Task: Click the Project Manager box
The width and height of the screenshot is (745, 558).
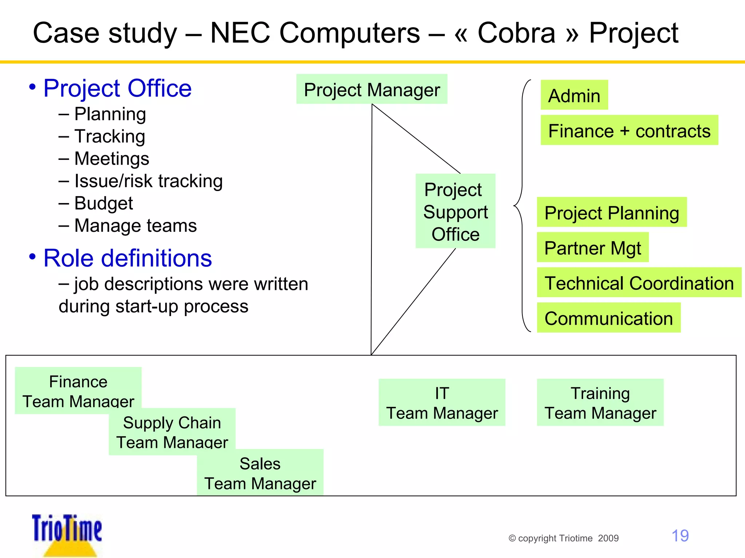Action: coord(371,89)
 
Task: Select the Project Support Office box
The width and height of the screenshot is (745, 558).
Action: coord(455,211)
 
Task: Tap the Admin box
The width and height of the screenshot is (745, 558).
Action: coord(574,95)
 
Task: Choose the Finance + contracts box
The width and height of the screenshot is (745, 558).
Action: coord(629,130)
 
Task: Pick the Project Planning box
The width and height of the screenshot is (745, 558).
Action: coord(611,212)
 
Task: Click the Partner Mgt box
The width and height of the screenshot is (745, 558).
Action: coord(592,247)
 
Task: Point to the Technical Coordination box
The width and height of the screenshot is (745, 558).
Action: coord(639,283)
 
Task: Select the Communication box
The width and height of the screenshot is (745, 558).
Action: coord(608,318)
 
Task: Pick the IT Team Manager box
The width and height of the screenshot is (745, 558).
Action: coord(442,403)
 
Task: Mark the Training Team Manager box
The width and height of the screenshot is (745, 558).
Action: coord(600,403)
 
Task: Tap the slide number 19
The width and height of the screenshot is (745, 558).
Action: coord(680,535)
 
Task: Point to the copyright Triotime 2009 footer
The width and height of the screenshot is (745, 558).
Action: coord(563,538)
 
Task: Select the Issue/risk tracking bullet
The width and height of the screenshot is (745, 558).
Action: coord(148,181)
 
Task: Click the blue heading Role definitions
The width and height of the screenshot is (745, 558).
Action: coord(127,258)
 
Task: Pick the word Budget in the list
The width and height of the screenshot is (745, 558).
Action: coord(103,203)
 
